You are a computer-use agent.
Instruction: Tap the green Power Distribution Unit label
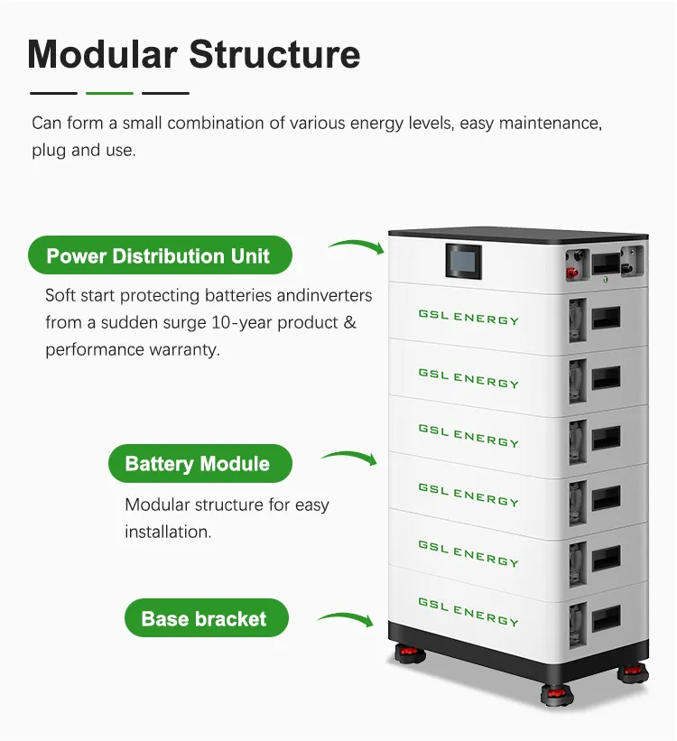159,255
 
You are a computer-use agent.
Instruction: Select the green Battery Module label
198,464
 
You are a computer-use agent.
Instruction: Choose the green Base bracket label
205,619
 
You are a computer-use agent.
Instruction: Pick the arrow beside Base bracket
345,618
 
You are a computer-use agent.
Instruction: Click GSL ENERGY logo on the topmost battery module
468,319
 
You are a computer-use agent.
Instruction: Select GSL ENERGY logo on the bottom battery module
468,611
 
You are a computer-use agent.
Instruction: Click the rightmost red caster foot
631,674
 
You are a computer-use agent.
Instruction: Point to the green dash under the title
109,93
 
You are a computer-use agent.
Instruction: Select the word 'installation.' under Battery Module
168,532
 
